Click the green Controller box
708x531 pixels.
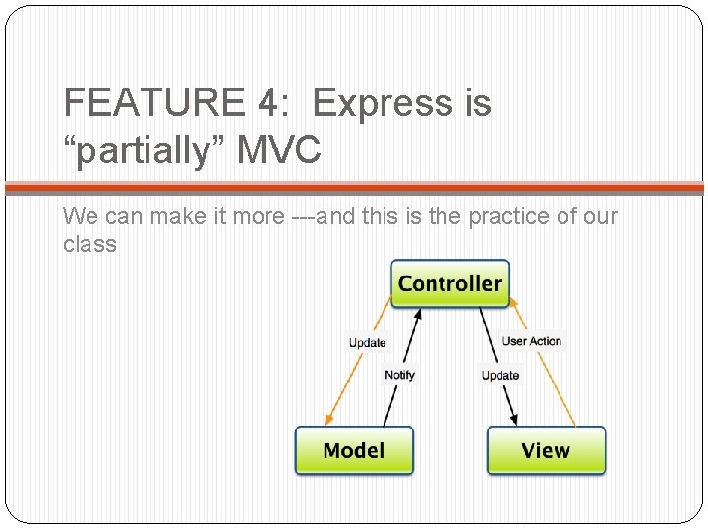pyautogui.click(x=450, y=283)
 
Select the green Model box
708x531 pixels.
pyautogui.click(x=354, y=450)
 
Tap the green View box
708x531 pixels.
pyautogui.click(x=546, y=450)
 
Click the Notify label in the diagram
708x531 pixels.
pyautogui.click(x=399, y=375)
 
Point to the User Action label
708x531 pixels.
pyautogui.click(x=532, y=341)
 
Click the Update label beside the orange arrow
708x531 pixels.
pyautogui.click(x=368, y=342)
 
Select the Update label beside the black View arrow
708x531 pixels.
pyautogui.click(x=501, y=375)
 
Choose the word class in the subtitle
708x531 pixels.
pyautogui.click(x=89, y=243)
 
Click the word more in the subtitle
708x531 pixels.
pyautogui.click(x=258, y=216)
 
